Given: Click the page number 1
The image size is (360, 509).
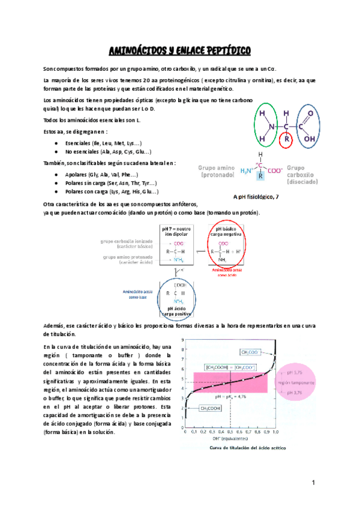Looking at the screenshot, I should click(313, 483).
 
